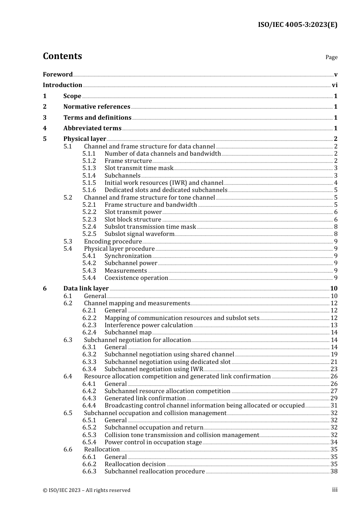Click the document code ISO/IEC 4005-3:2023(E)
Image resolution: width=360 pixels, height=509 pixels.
coord(297,25)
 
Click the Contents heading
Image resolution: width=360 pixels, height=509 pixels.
coord(62,56)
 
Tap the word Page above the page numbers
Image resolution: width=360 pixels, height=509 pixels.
coord(331,57)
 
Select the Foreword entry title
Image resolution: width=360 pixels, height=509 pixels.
coord(58,75)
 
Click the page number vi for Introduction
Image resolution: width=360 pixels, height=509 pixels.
coord(335,85)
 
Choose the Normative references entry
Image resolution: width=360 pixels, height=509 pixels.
coord(97,107)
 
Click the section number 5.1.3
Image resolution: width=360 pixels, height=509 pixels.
coord(89,168)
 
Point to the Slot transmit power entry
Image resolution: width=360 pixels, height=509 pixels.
coord(133,212)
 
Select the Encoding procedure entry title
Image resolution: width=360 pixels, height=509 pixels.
coord(113,242)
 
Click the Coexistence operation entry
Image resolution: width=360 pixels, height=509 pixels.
coord(136,278)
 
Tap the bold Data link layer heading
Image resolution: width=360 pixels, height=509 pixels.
coord(86,289)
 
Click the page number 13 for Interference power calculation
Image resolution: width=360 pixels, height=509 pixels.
coord(334,325)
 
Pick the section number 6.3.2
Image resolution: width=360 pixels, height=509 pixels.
coord(89,354)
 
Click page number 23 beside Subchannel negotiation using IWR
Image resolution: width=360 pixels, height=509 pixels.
coord(334,369)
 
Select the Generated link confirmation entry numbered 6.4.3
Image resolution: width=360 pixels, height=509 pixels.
coord(145,398)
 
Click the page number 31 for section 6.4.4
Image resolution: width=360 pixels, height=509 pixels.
coord(334,406)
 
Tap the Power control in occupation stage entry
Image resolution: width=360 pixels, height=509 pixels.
coord(153,442)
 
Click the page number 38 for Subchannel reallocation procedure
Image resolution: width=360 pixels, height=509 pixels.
coord(334,472)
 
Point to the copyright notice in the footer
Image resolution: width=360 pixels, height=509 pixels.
coord(86,490)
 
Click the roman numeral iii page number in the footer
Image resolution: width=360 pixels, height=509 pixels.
coord(335,490)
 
